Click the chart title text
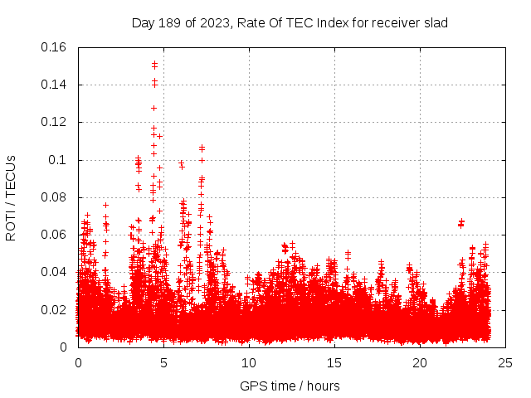point(290,22)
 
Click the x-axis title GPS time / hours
point(290,386)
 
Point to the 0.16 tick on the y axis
point(54,47)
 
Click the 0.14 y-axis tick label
point(54,85)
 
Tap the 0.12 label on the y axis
point(54,122)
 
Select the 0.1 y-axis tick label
point(58,160)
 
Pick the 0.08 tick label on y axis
point(54,197)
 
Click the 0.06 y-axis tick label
point(54,235)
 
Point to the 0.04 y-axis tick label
point(54,272)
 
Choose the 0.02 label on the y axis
point(54,310)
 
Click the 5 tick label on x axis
point(163,362)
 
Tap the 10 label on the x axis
point(249,362)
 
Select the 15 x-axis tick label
point(334,362)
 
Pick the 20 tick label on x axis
point(420,362)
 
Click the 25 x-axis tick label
point(505,362)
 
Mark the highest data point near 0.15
point(154,63)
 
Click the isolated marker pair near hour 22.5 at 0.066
point(461,222)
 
